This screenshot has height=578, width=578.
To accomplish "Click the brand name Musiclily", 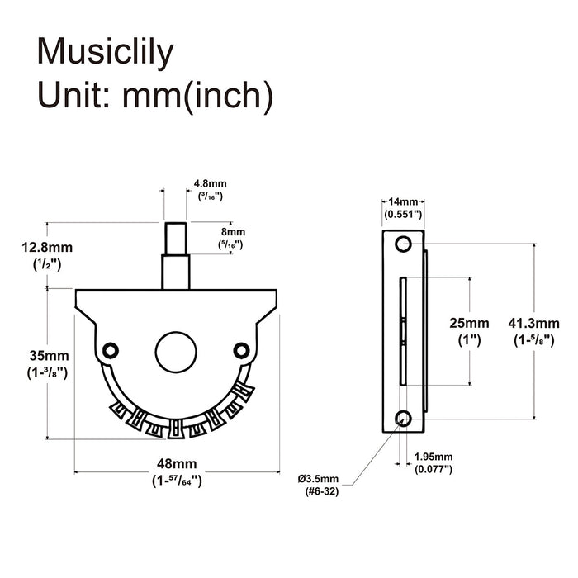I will click(x=107, y=51).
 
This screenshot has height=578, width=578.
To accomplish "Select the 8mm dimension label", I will click(x=227, y=233).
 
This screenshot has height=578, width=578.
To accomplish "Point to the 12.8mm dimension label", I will click(x=49, y=247).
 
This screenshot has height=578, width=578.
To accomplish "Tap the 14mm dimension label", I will click(x=403, y=201).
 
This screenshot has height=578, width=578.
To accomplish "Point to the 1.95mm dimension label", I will click(x=433, y=457).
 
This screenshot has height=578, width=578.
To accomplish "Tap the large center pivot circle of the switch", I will click(x=174, y=351).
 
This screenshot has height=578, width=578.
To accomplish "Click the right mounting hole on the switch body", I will click(x=240, y=349).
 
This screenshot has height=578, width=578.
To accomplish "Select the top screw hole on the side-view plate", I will click(x=402, y=244).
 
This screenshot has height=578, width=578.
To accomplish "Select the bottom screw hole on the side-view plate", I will click(x=402, y=418).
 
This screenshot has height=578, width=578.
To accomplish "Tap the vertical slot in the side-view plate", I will click(x=401, y=330).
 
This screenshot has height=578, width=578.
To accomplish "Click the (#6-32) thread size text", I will click(x=319, y=493).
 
